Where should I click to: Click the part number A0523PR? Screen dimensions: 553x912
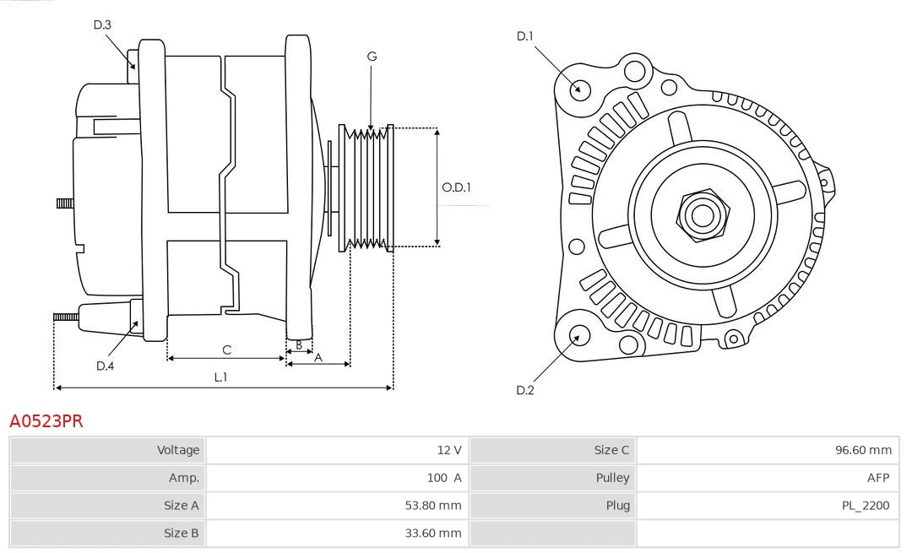(x=46, y=420)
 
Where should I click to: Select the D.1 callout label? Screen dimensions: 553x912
(x=524, y=36)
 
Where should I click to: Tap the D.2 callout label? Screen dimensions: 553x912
(x=524, y=390)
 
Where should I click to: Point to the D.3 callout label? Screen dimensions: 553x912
(x=102, y=25)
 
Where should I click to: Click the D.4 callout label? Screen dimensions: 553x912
(x=105, y=366)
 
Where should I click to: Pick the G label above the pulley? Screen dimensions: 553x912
(x=372, y=57)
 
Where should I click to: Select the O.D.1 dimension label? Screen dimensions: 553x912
(x=456, y=187)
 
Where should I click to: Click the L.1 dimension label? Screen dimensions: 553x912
(x=220, y=377)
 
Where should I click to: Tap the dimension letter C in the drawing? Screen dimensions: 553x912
(x=226, y=350)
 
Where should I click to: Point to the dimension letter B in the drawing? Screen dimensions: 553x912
(x=298, y=345)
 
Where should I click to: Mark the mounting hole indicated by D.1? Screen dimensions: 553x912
(x=579, y=89)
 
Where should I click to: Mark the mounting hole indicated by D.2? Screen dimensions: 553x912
(x=578, y=336)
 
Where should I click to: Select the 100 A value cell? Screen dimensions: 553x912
(x=444, y=478)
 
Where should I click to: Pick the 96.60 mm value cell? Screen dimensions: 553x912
(x=863, y=450)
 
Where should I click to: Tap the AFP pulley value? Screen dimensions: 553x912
(x=877, y=478)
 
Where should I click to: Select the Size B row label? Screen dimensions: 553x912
(x=182, y=533)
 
